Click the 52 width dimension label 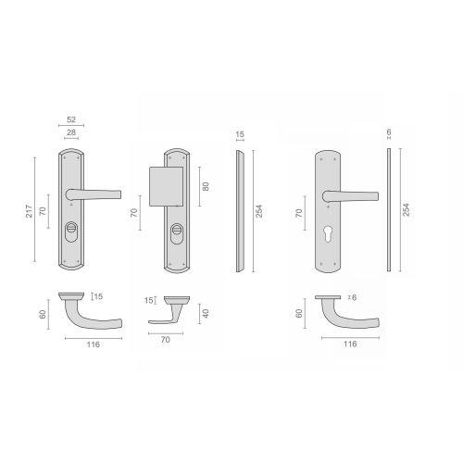click(x=71, y=119)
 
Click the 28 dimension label click(x=71, y=132)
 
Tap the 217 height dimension click(x=29, y=211)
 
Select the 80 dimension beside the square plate click(x=206, y=186)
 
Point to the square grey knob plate click(x=166, y=187)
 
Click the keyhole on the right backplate click(x=328, y=234)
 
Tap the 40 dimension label click(x=206, y=313)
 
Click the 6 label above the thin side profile click(x=389, y=132)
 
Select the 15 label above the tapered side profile click(x=240, y=134)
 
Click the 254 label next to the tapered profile click(x=259, y=211)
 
